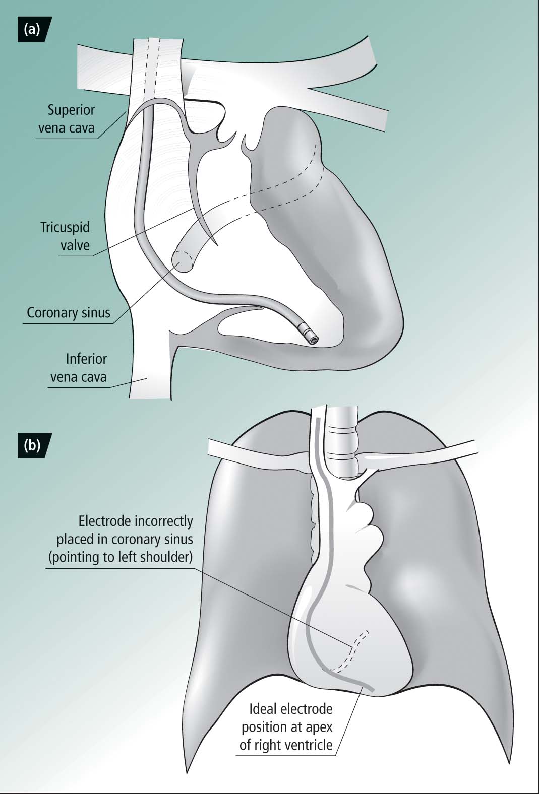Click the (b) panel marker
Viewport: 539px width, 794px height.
pos(32,445)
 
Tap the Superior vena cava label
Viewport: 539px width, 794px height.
pos(67,119)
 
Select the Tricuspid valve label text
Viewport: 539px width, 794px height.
pos(65,236)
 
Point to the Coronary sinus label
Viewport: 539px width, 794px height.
pos(69,313)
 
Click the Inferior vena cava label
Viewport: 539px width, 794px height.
pos(79,368)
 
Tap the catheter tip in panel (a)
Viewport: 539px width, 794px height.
pos(313,339)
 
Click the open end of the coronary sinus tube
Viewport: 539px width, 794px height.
pos(183,261)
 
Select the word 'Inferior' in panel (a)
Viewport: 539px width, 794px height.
pos(86,359)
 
